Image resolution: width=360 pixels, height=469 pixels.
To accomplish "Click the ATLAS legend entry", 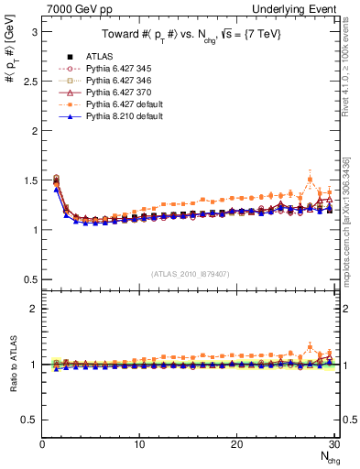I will (102, 58).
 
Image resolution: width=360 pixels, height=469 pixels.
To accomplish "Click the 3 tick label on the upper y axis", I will (34, 31).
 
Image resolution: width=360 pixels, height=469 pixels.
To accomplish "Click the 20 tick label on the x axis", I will (236, 445).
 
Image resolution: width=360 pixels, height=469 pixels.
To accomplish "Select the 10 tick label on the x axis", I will (139, 445).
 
